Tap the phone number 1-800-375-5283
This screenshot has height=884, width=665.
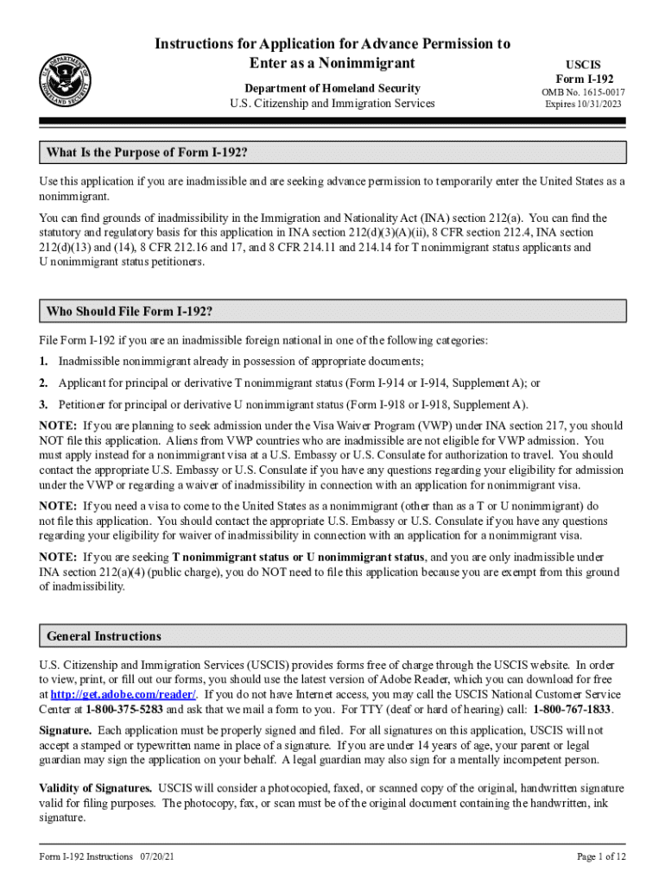click(x=124, y=709)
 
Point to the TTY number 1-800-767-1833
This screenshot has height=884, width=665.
click(x=573, y=709)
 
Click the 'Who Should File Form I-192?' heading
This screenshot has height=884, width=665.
click(x=130, y=312)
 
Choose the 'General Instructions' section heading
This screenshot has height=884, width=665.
click(x=104, y=636)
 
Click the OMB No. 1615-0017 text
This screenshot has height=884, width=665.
click(x=584, y=92)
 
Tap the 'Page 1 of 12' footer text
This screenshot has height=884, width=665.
click(x=601, y=856)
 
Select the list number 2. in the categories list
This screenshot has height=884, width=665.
click(x=43, y=382)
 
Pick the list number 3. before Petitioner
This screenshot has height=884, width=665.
click(x=43, y=404)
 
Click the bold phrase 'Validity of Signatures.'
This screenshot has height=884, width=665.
click(x=97, y=788)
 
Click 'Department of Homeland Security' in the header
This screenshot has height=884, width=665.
click(x=332, y=88)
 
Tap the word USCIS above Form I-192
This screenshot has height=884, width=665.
click(x=584, y=65)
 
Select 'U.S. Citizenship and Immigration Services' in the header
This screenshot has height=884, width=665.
click(x=332, y=104)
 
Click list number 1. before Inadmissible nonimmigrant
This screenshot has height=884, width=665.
click(x=43, y=361)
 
